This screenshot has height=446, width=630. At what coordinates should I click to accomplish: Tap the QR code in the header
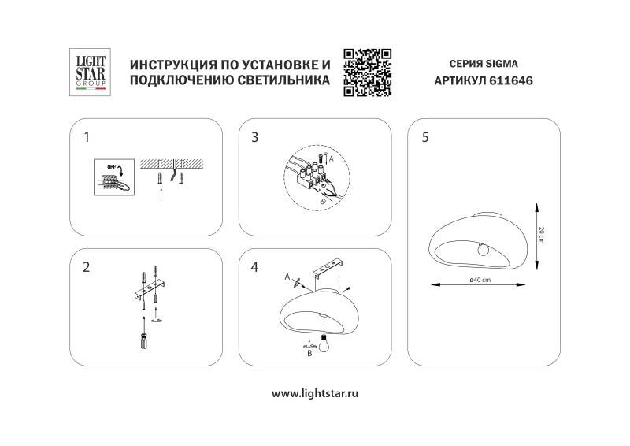point(368,72)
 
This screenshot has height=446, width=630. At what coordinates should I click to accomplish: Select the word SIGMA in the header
point(501,62)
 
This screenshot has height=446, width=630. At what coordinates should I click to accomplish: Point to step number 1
point(87,137)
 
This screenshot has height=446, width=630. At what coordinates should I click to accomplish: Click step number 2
point(87,266)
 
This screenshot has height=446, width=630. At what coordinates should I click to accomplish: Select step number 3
point(254,137)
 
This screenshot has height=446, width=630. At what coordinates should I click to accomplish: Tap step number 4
point(254,266)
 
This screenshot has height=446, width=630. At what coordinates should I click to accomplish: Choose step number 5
point(425,137)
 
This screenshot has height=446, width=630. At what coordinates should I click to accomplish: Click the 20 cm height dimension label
point(543,234)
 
